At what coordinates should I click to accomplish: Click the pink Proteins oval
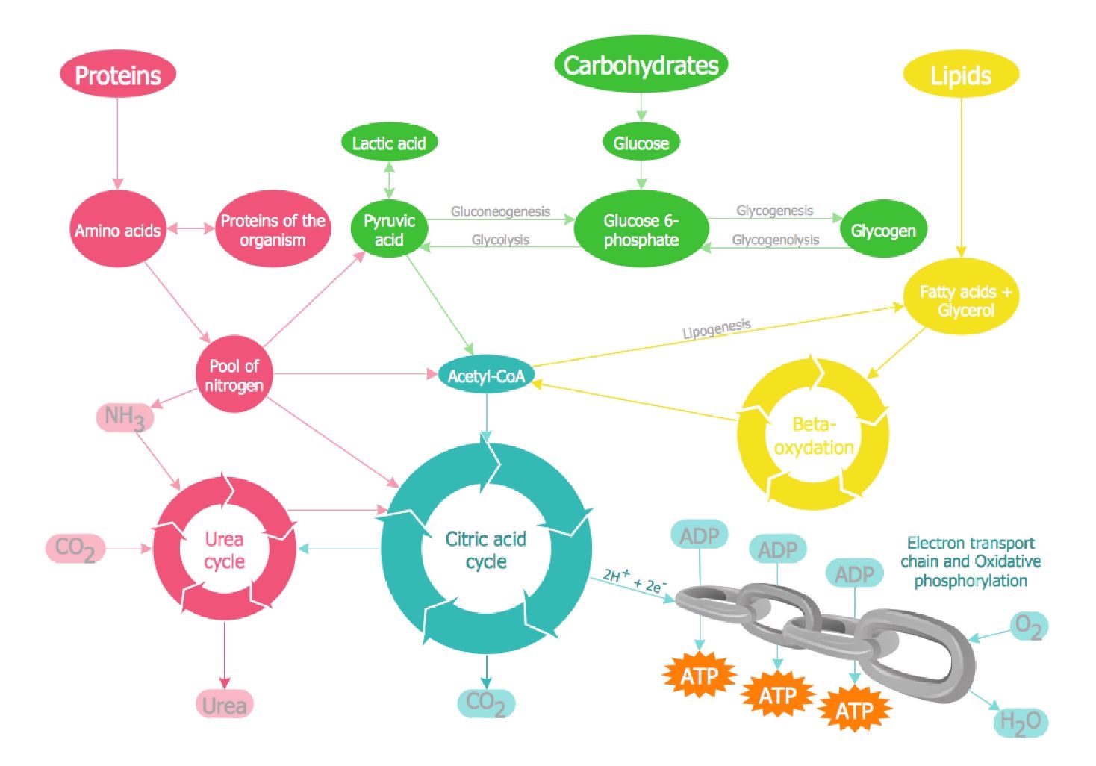(118, 75)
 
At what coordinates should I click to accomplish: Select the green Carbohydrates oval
(641, 65)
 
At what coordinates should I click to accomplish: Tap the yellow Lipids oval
(961, 75)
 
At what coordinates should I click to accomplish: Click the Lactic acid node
(389, 143)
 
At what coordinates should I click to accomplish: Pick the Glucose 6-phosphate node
(641, 230)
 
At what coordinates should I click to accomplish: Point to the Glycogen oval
(883, 231)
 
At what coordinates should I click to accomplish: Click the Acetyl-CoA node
(486, 376)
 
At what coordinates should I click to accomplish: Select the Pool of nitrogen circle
(234, 376)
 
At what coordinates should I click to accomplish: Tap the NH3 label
(125, 417)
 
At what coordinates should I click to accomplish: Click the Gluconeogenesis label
(500, 211)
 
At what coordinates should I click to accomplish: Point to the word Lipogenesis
(717, 328)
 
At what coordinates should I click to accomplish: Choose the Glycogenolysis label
(775, 240)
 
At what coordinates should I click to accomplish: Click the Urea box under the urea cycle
(224, 705)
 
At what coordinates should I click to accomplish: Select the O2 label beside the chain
(1029, 626)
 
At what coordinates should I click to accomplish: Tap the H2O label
(1021, 722)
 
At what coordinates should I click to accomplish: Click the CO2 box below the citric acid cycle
(485, 703)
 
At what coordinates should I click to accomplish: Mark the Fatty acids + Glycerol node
(965, 300)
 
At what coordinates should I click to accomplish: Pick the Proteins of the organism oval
(273, 230)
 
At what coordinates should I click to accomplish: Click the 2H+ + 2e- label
(635, 581)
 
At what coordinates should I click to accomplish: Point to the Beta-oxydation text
(814, 436)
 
